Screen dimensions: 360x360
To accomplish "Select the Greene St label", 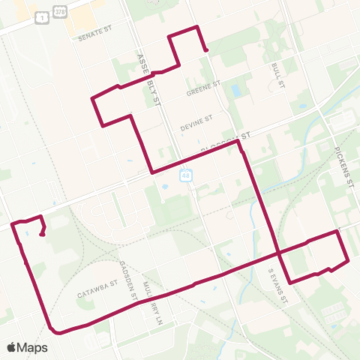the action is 202,86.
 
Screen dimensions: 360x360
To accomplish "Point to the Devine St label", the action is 196,118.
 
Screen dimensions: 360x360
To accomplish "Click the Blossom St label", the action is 226,142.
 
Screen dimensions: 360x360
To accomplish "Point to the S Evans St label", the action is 278,287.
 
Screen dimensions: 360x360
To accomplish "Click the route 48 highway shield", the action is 184,175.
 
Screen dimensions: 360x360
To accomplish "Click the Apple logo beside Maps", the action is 11,347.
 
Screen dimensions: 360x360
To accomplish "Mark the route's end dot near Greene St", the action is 205,50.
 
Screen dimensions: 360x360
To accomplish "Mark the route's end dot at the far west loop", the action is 43,234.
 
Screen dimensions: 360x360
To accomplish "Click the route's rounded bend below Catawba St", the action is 52,329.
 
